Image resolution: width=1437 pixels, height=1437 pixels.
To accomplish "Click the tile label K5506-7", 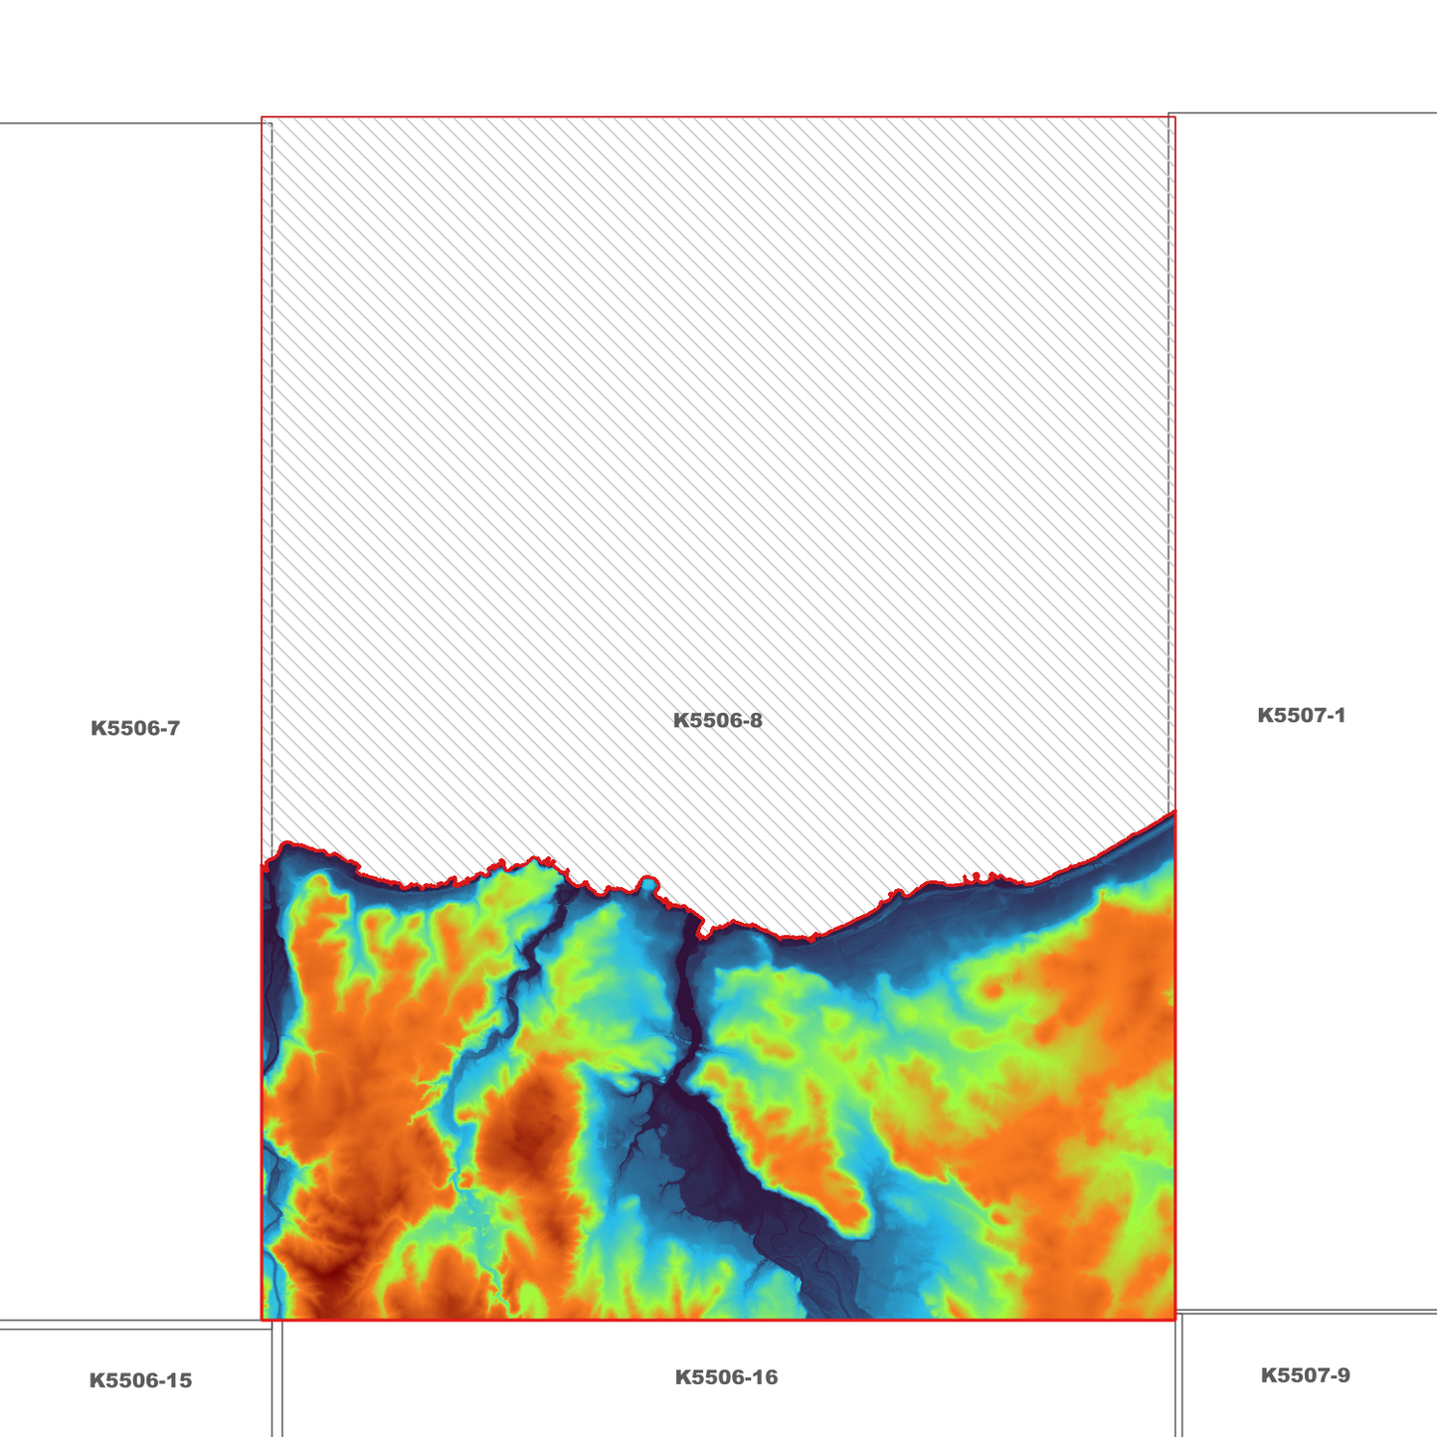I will tap(135, 728).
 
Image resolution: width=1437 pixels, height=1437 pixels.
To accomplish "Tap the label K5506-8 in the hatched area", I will tap(718, 721).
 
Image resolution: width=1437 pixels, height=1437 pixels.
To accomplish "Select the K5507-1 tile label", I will tap(1301, 715).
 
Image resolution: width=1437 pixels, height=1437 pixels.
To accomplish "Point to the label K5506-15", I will tap(140, 1380).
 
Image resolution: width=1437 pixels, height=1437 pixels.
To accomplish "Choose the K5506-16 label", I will tap(726, 1377).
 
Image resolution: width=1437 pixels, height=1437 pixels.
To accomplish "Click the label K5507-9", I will tap(1305, 1375).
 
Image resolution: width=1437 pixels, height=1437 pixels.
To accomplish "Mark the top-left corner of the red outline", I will tap(263, 118).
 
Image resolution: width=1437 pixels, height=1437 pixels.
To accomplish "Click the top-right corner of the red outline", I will tap(1174, 117).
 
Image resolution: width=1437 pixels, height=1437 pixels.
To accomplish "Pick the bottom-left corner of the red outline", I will tap(263, 1320).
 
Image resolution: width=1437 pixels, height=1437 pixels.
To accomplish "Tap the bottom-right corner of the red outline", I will tap(1174, 1320).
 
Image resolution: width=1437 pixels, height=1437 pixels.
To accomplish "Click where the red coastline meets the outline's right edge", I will tap(1174, 812).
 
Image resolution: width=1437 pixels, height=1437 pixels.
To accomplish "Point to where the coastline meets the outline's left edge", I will tap(263, 866).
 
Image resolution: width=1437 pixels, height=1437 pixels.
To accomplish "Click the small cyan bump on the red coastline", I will tap(648, 881).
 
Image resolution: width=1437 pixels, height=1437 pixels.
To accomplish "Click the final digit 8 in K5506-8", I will tap(757, 721).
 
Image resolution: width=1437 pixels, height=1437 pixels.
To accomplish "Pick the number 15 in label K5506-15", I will tap(180, 1380).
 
